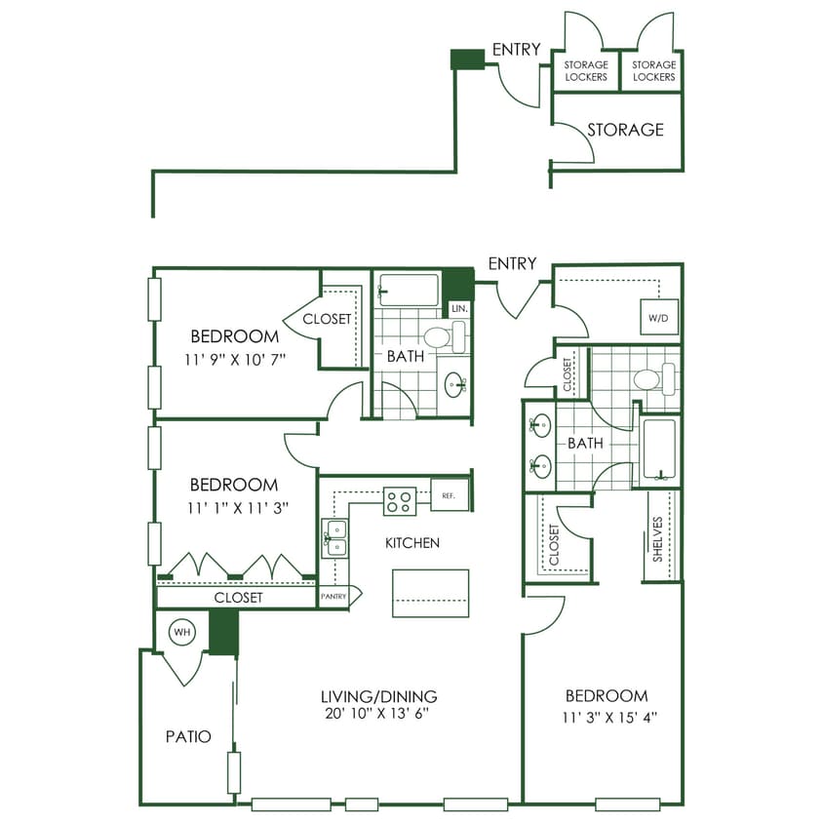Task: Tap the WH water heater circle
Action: [x=181, y=632]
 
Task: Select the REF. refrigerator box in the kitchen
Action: [x=449, y=495]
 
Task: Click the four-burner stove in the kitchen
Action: [x=399, y=501]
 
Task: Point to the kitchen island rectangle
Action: [x=430, y=593]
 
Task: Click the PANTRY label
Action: [x=333, y=595]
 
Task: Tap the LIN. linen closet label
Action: [x=459, y=308]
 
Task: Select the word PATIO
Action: [x=187, y=737]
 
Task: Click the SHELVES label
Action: [x=658, y=538]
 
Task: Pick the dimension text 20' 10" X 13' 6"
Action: [x=378, y=714]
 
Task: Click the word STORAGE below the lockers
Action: [x=625, y=130]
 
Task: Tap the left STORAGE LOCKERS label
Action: [x=586, y=71]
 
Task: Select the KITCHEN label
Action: [x=411, y=542]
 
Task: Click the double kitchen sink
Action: [x=333, y=538]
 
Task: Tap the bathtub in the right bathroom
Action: [x=660, y=450]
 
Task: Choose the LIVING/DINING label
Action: [x=378, y=696]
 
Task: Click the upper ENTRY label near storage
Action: [x=516, y=50]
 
